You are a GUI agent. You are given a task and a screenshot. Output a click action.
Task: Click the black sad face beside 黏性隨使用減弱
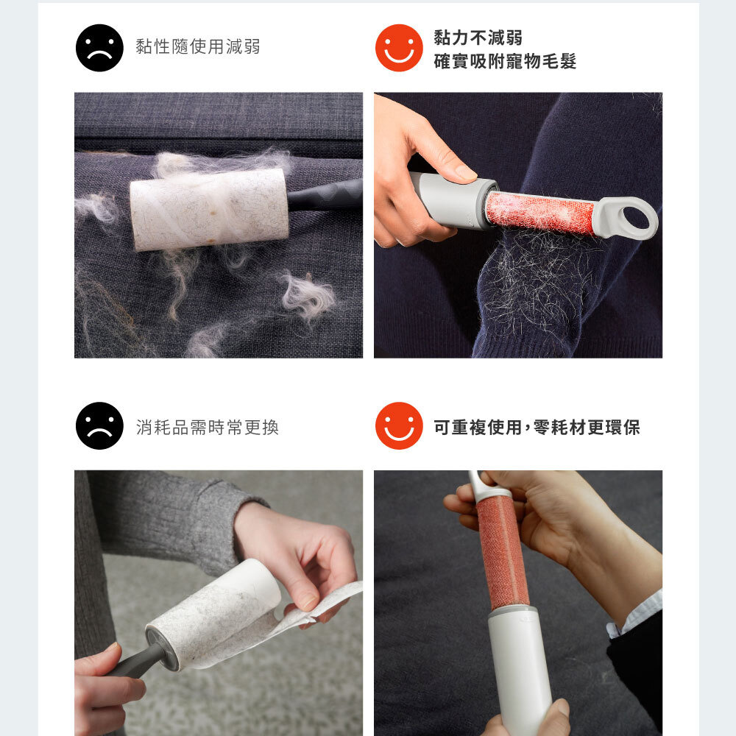coord(99,48)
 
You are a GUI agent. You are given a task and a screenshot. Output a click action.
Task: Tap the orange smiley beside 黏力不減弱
coord(399,48)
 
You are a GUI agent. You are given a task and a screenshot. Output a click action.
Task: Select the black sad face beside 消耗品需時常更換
coord(99,425)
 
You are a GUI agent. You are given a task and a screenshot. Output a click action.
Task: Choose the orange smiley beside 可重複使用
coord(399,425)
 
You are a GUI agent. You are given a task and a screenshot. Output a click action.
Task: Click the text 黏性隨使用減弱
coord(197,46)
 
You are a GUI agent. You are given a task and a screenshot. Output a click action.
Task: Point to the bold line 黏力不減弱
coord(478,38)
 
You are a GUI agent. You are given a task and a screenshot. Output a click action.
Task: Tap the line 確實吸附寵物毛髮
coord(505,62)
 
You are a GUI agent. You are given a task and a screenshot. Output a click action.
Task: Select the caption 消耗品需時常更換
coord(207,427)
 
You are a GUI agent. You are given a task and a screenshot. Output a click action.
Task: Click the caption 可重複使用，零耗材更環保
coord(537,427)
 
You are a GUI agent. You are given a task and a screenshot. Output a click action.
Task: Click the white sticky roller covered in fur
coord(209,209)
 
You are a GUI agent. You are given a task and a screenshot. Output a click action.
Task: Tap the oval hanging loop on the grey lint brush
coord(628,217)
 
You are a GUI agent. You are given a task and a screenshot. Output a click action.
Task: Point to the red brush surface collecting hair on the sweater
coord(539,213)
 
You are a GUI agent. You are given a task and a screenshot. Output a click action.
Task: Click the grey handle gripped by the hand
coord(450,201)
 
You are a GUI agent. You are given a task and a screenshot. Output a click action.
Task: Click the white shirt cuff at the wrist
coord(634,615)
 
